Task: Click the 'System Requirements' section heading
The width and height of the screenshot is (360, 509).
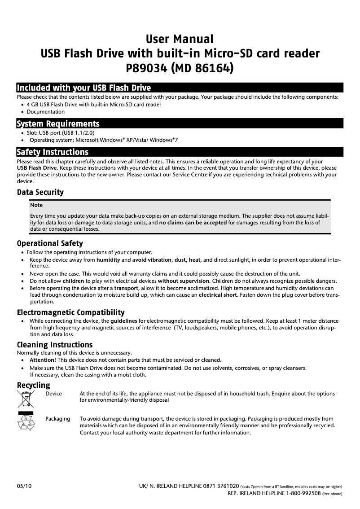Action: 58,123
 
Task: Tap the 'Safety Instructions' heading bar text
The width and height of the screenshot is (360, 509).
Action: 53,152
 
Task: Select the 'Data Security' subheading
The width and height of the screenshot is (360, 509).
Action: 40,192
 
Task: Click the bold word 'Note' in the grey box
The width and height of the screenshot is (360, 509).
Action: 36,205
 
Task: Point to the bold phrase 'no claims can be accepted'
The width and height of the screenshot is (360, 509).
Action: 193,222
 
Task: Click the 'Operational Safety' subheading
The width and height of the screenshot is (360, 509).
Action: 50,243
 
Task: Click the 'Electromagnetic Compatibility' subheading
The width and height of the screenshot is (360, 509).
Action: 70,312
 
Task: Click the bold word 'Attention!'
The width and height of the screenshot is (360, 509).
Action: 43,360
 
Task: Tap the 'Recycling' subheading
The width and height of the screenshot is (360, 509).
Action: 34,385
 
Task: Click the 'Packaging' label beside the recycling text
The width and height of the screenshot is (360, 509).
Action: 58,419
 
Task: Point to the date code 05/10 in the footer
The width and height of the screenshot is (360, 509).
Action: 24,486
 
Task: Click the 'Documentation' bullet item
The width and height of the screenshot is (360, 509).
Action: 45,111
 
